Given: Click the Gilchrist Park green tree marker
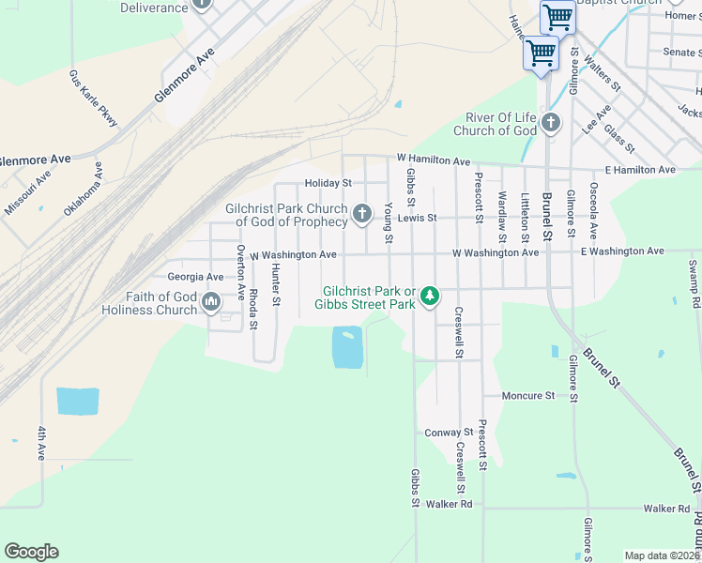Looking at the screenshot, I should click(x=430, y=296).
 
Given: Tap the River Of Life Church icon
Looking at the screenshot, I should click(x=550, y=123).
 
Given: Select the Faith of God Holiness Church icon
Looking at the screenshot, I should click(x=210, y=302).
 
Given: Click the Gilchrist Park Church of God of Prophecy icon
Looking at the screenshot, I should click(x=361, y=215).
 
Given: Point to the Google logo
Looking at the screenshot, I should click(x=31, y=552).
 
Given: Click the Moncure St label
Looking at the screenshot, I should click(x=528, y=396).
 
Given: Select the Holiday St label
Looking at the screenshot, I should click(x=328, y=183).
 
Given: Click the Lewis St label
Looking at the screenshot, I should click(x=417, y=218).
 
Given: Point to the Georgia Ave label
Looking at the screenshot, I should click(x=195, y=277).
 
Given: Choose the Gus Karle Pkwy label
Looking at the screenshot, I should click(x=94, y=98).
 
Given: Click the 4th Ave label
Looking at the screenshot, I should click(x=41, y=443).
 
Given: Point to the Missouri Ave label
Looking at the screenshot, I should click(x=28, y=193).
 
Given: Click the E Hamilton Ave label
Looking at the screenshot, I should click(x=640, y=170).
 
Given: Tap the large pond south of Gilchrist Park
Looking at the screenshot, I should click(x=346, y=347).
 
